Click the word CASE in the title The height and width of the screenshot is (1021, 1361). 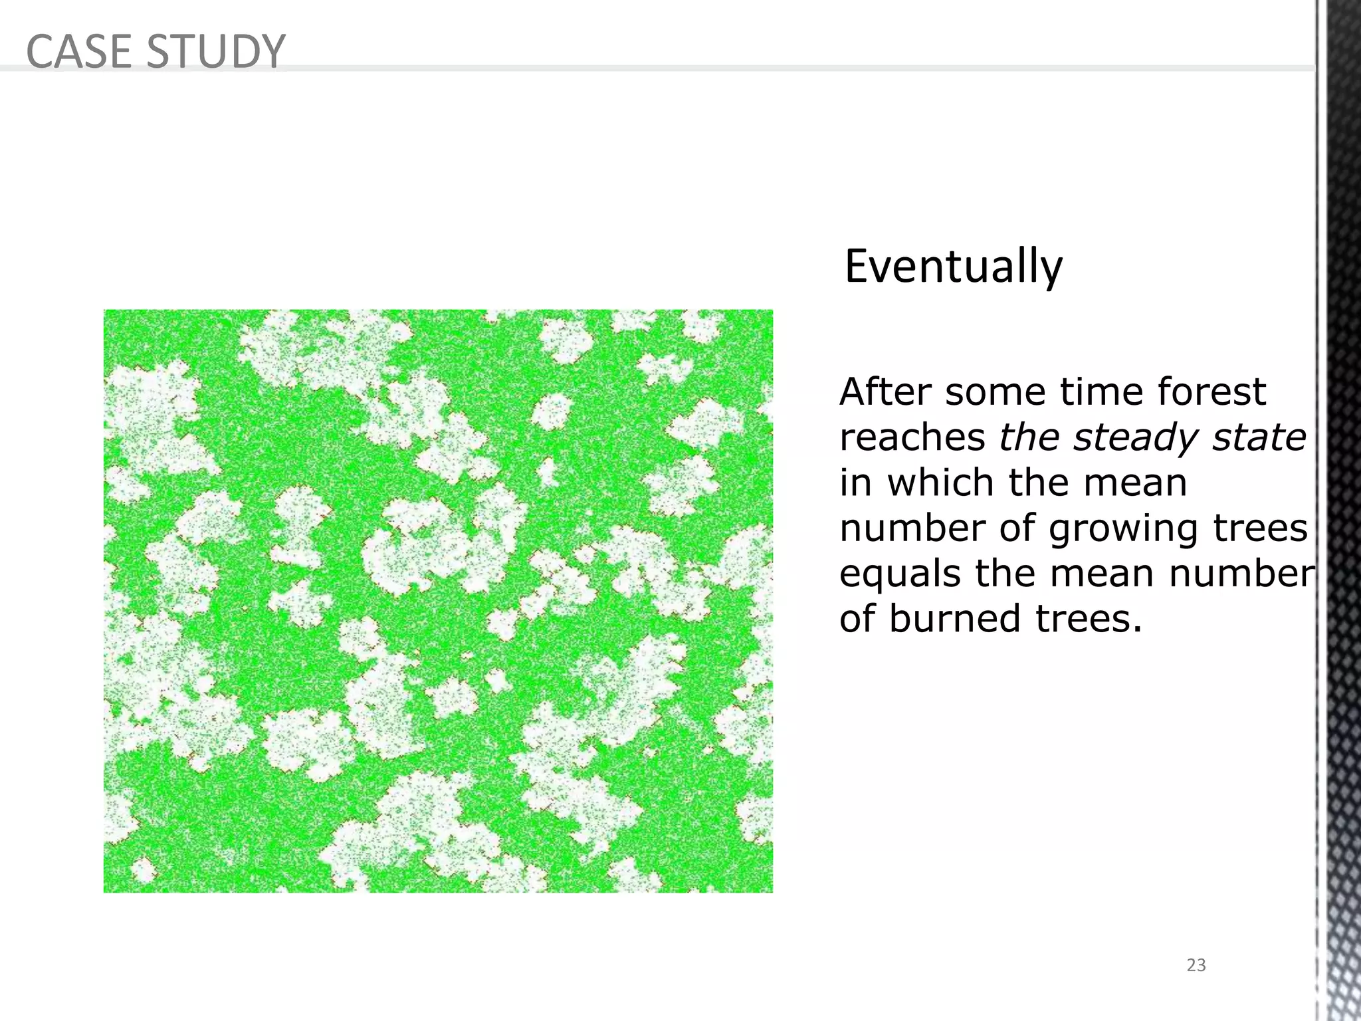(79, 51)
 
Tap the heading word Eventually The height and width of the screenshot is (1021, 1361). (953, 267)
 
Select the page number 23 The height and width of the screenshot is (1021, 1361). (1196, 965)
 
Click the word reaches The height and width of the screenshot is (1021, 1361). (912, 437)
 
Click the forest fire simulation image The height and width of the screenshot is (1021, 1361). (438, 601)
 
